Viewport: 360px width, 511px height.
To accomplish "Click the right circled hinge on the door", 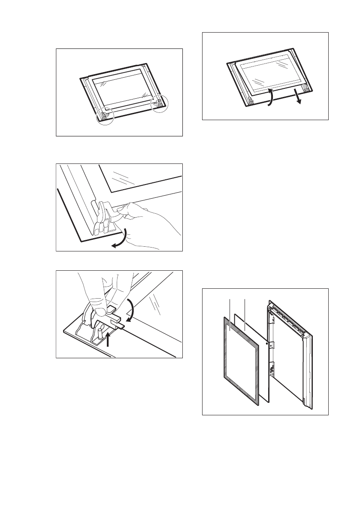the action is pyautogui.click(x=159, y=103).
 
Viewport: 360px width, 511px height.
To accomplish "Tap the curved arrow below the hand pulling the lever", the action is pyautogui.click(x=122, y=238).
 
